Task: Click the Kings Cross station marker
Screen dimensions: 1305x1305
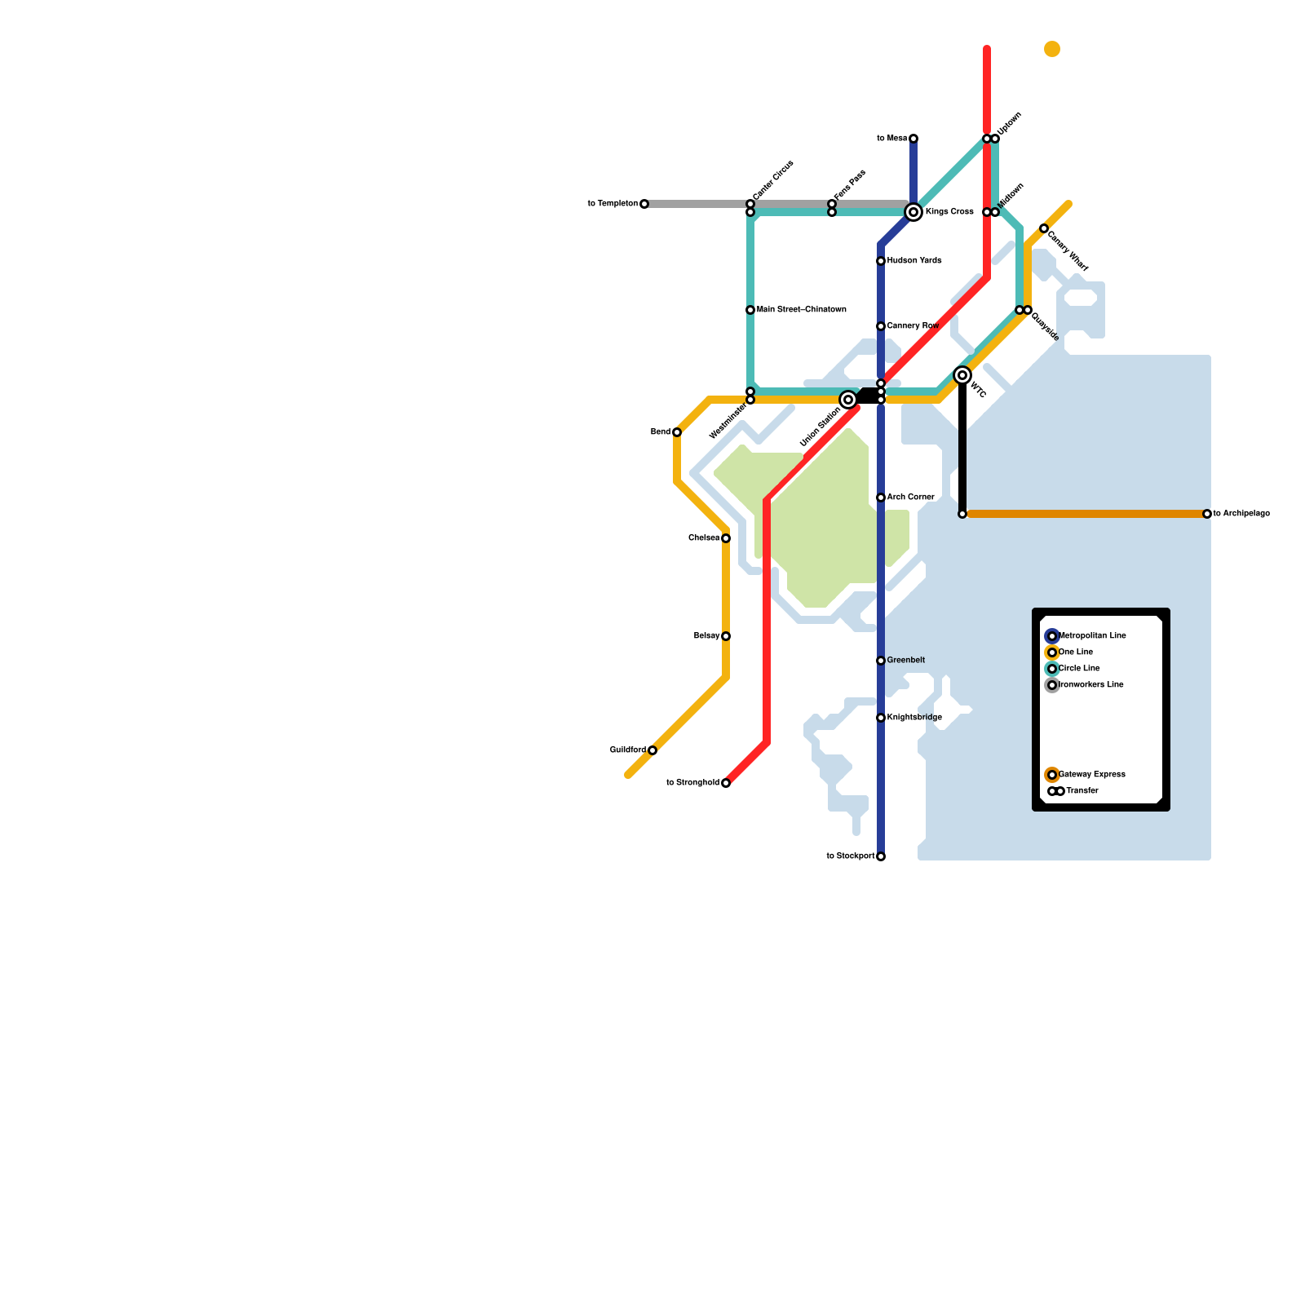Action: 913,212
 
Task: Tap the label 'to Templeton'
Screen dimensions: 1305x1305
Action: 613,204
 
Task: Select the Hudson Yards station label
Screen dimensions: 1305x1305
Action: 914,261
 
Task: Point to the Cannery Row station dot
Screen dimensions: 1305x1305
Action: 881,326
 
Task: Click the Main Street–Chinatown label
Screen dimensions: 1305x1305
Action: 801,310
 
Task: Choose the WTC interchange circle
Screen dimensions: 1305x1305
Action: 962,375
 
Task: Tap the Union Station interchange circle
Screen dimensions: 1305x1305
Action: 848,400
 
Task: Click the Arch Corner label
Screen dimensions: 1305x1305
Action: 910,497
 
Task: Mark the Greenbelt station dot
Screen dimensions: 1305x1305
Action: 881,661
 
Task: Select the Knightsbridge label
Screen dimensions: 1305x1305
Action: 914,718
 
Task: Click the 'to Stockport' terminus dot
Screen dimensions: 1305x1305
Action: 881,856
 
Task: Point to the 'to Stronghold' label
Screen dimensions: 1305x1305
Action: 692,783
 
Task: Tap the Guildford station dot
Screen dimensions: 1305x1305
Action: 652,750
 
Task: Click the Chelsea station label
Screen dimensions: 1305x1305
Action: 704,538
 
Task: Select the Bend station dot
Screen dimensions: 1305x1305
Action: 677,432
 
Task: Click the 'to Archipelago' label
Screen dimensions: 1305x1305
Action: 1241,514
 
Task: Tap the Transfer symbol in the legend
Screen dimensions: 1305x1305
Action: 1055,791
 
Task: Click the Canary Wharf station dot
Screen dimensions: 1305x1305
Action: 1044,228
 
